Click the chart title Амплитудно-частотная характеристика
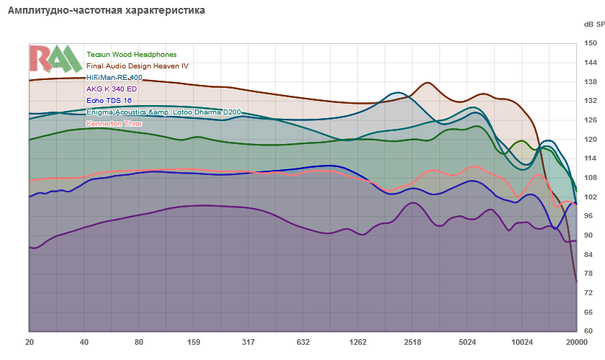point(106,11)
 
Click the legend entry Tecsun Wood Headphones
point(131,55)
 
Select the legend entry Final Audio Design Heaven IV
point(137,66)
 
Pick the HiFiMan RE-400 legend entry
point(115,78)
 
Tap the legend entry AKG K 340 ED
point(111,89)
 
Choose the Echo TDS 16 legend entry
point(109,101)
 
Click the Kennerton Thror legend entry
point(115,124)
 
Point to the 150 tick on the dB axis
point(588,44)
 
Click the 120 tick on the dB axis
point(588,140)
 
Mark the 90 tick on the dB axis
point(588,235)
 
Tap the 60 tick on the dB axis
point(588,331)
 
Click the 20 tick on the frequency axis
point(30,341)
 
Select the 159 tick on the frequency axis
point(193,341)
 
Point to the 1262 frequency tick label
point(358,341)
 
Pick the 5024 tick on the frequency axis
point(467,341)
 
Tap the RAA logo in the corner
point(55,59)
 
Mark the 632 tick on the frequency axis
point(303,341)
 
